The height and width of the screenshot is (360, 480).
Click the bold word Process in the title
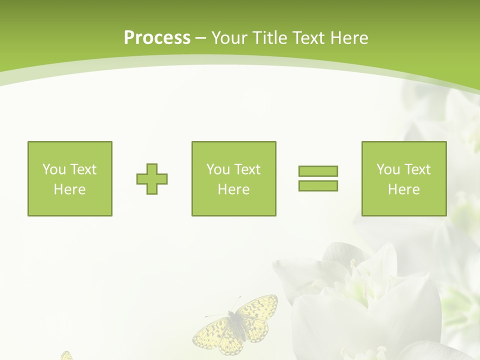(157, 38)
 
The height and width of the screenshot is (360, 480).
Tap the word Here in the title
(349, 38)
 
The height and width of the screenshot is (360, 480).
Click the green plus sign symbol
(152, 179)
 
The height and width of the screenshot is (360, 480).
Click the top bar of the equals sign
(318, 171)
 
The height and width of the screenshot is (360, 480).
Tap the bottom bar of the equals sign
(318, 186)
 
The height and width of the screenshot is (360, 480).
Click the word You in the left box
(54, 169)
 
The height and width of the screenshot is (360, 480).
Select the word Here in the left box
(69, 189)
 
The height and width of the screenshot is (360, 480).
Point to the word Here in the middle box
(233, 189)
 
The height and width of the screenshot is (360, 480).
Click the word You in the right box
(388, 169)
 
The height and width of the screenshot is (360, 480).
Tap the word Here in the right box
(403, 189)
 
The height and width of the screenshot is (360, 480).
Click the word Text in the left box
(82, 169)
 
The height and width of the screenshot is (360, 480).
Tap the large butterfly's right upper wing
(258, 307)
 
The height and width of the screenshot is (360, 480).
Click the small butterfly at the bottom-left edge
(66, 355)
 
